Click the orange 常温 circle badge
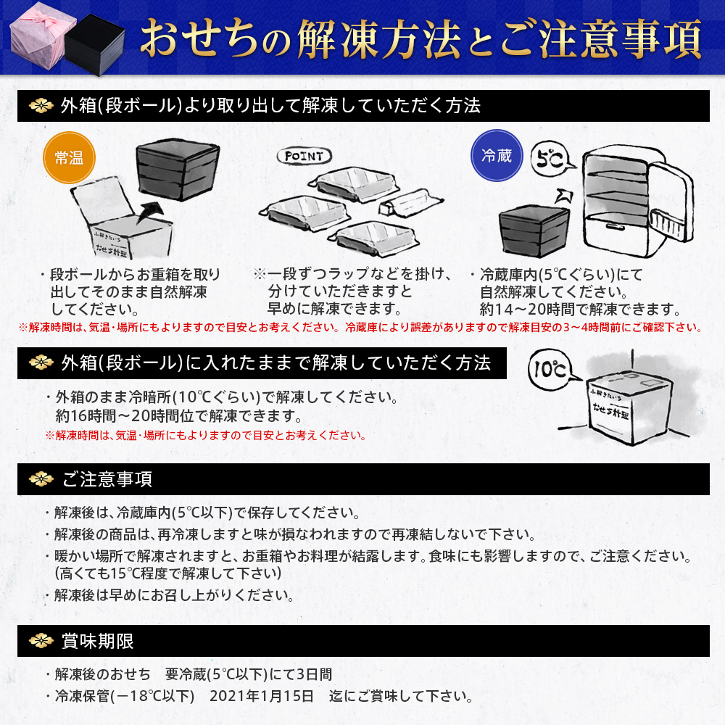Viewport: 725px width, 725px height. coord(70,157)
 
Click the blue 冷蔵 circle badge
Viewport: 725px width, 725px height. coord(497,155)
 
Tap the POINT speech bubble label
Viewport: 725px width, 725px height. coord(304,156)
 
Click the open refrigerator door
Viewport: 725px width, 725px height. coord(667,210)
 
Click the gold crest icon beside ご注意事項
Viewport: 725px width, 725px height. coord(41,480)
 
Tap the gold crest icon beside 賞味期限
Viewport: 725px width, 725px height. coord(41,641)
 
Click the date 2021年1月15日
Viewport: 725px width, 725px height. coord(262,697)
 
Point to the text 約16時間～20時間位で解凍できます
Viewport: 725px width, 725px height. coord(178,416)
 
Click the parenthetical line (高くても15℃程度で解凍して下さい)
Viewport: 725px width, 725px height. coord(168,572)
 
